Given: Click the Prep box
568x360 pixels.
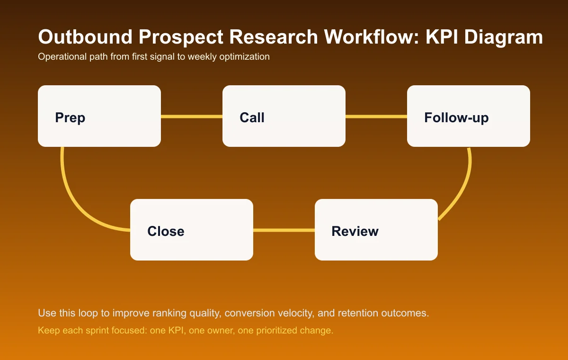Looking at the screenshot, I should point(99,116).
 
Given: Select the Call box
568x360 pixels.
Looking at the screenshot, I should point(284,116).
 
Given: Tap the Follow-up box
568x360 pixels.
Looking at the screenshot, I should point(469,116).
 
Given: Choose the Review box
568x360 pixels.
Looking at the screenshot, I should point(376,230).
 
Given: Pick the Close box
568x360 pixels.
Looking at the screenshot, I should point(192,230).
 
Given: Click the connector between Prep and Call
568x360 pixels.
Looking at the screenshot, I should point(192,116).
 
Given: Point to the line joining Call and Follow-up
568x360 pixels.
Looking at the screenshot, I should point(376,116).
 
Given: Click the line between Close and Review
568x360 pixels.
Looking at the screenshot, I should point(284,230).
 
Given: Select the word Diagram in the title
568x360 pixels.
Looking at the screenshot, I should point(508,37).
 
